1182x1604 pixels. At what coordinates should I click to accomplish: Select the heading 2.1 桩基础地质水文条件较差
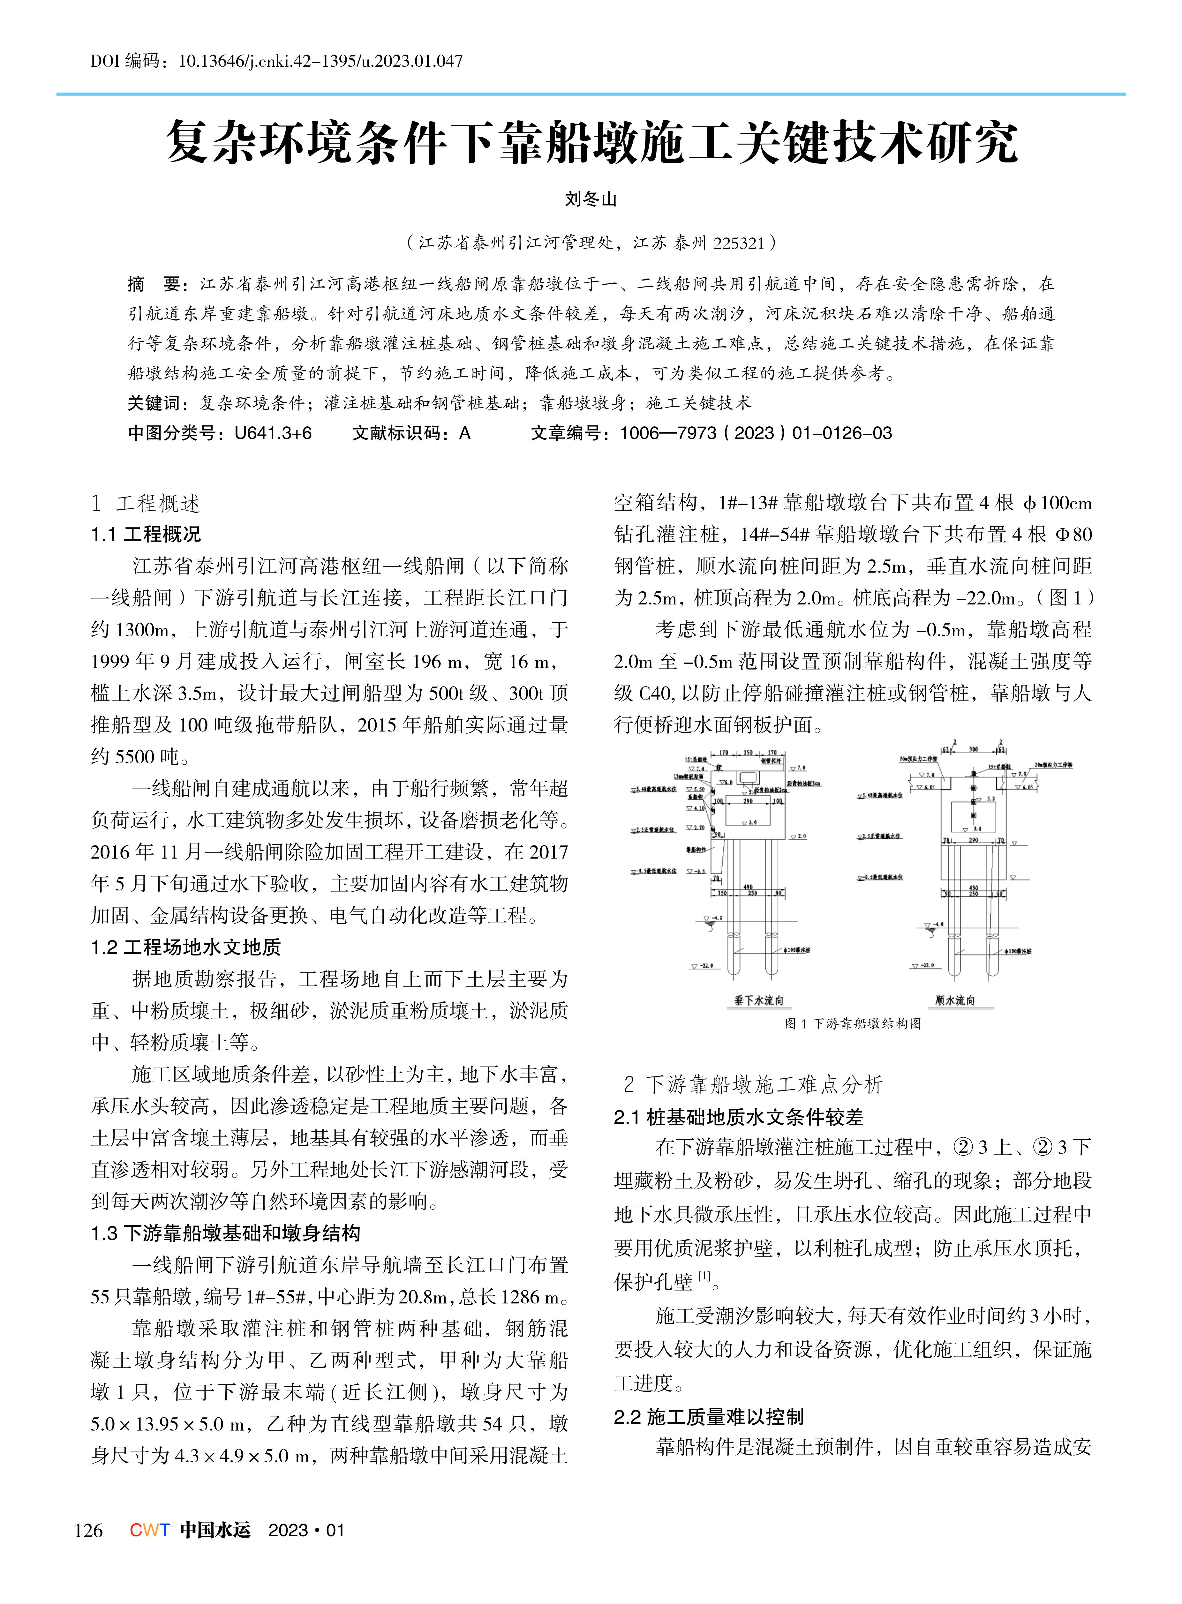pos(738,1118)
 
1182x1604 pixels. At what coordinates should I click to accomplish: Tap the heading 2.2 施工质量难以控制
pos(708,1417)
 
